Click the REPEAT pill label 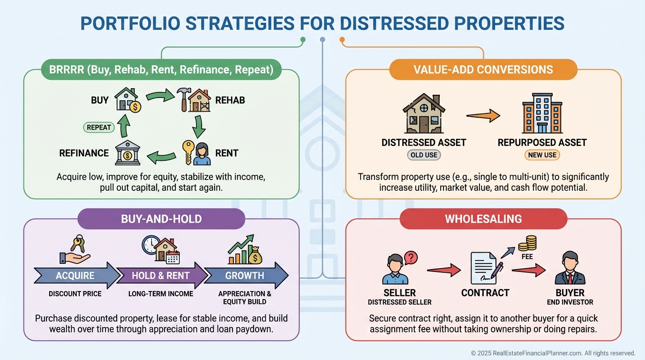click(99, 127)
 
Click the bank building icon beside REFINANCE click(127, 153)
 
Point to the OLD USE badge click(424, 155)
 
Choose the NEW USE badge click(542, 155)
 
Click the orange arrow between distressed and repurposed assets click(483, 116)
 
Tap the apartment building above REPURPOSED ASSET click(542, 113)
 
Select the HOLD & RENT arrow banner click(162, 275)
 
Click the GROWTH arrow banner click(246, 275)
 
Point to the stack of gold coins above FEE click(527, 243)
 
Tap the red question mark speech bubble click(411, 258)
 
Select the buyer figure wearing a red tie click(570, 268)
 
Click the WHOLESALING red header click(483, 219)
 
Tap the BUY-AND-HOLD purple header click(161, 219)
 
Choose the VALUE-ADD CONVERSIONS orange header click(483, 69)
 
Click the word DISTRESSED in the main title click(394, 23)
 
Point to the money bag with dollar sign click(255, 256)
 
